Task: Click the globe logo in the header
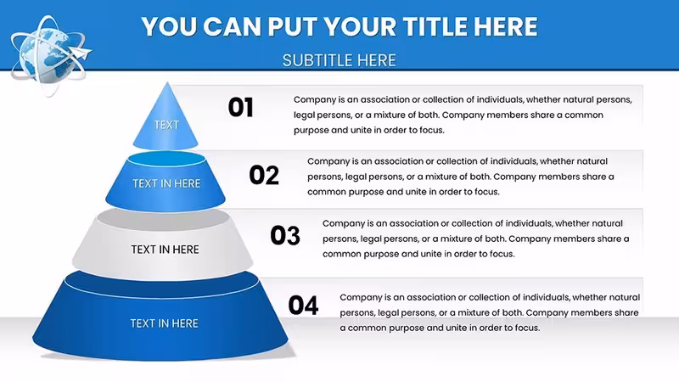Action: [x=51, y=55]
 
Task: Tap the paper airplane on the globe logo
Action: [x=81, y=53]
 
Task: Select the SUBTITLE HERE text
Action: [x=339, y=60]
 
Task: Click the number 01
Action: [x=241, y=108]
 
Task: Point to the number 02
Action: [x=264, y=176]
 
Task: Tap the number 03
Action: [x=285, y=236]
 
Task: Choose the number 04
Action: [x=303, y=305]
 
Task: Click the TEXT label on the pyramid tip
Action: [x=166, y=125]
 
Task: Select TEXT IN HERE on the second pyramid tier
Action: [x=166, y=183]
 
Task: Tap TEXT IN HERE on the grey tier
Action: [x=165, y=250]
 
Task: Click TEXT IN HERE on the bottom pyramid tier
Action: [x=164, y=323]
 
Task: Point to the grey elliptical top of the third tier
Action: [x=163, y=220]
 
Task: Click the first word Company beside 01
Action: [x=315, y=100]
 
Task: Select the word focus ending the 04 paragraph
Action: [x=527, y=328]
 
